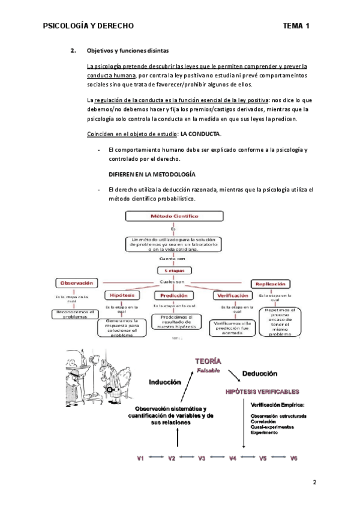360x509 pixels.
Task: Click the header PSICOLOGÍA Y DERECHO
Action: click(89, 26)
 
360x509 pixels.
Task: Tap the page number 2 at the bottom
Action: click(314, 482)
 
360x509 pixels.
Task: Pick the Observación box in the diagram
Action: click(75, 283)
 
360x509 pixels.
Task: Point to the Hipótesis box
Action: click(123, 295)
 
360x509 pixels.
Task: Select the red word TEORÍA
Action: click(207, 361)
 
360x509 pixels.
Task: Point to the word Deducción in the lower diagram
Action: click(260, 373)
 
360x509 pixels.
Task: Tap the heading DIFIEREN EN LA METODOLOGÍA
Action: click(151, 174)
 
